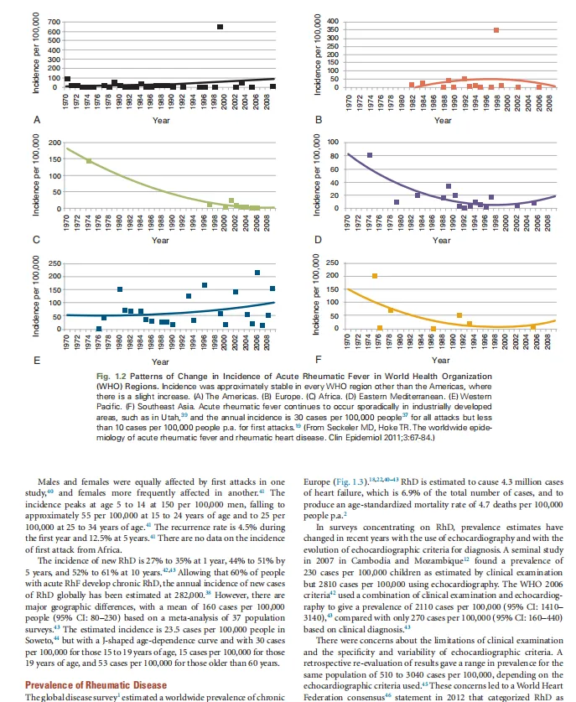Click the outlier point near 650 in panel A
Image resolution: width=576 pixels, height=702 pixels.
coord(220,27)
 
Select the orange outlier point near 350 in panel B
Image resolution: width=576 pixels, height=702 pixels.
coord(496,30)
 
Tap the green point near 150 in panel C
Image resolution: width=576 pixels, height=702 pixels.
coord(89,160)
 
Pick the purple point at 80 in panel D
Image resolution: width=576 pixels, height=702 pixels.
coord(370,155)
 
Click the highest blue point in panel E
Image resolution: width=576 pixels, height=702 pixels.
coord(257,273)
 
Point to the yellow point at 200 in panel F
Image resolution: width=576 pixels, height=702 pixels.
coord(375,276)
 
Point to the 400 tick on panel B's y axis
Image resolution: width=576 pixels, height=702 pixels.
coord(333,20)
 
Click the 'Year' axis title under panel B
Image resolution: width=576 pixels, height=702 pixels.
coord(444,121)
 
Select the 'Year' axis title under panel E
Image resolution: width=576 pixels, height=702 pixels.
coord(161,361)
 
